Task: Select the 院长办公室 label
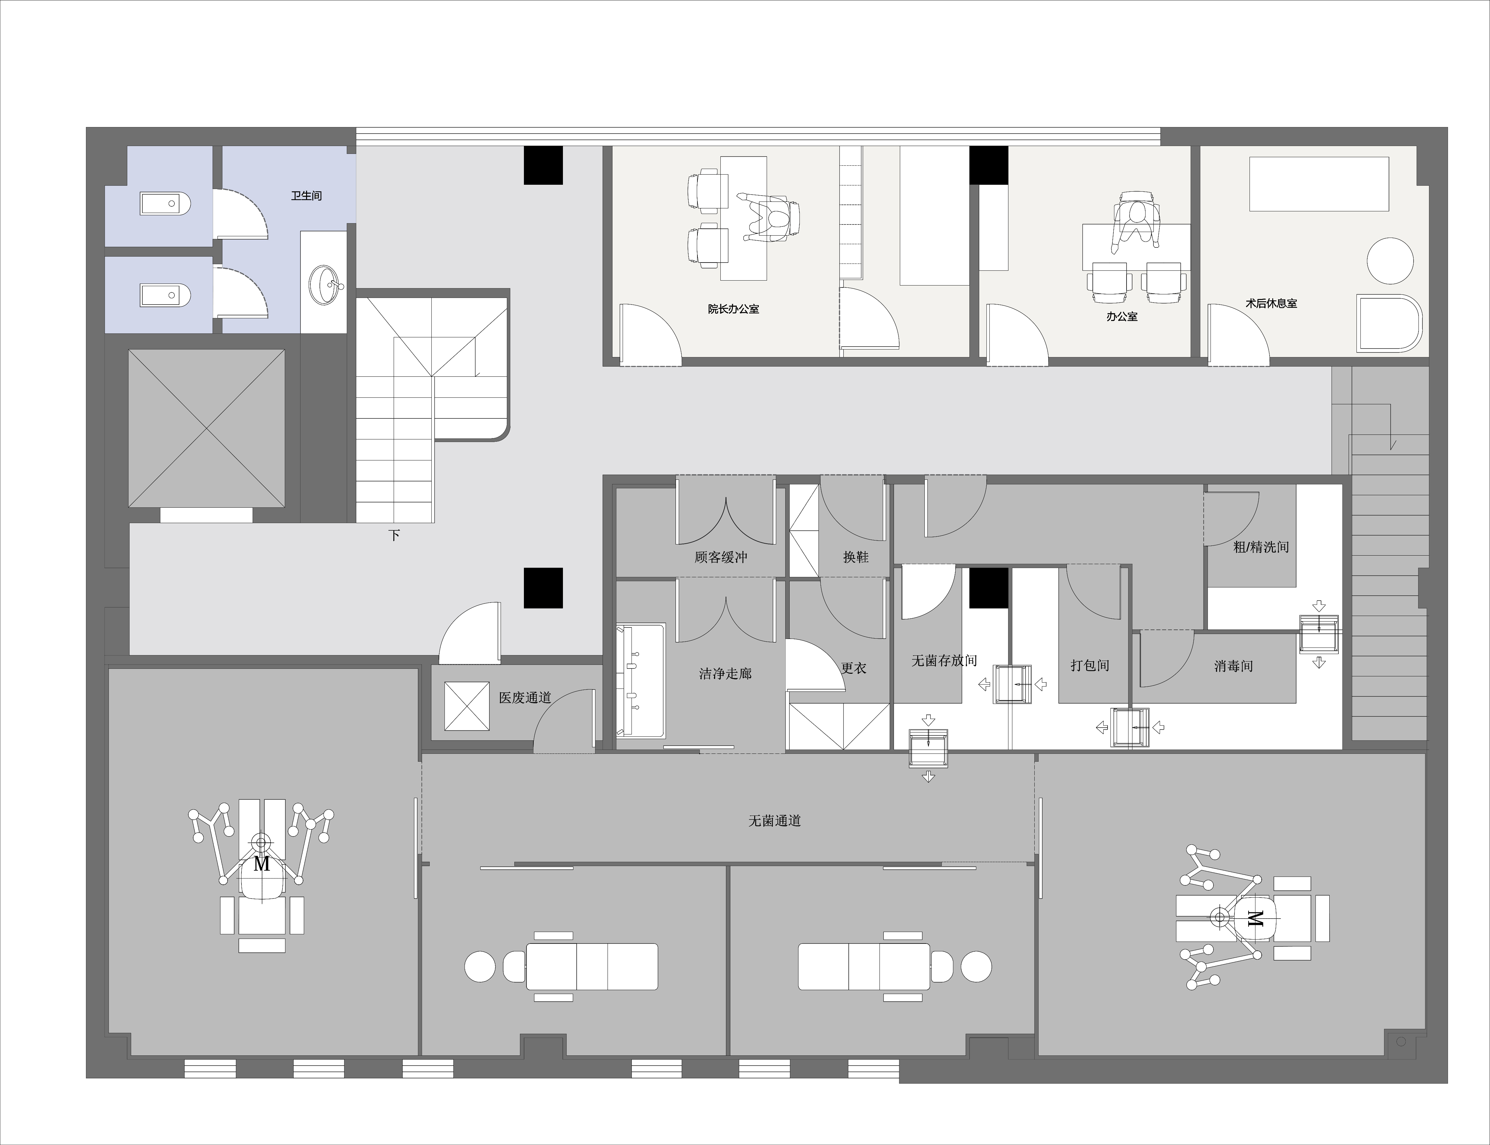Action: [733, 309]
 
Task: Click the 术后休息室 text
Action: [1271, 303]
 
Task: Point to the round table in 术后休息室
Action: [1390, 261]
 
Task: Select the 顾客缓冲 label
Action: [721, 557]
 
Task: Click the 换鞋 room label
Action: [856, 557]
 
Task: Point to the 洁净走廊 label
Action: [725, 673]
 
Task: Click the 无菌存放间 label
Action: [944, 660]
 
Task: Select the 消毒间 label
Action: [1233, 666]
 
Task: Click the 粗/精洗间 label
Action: [1261, 547]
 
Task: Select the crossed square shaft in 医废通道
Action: [467, 705]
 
